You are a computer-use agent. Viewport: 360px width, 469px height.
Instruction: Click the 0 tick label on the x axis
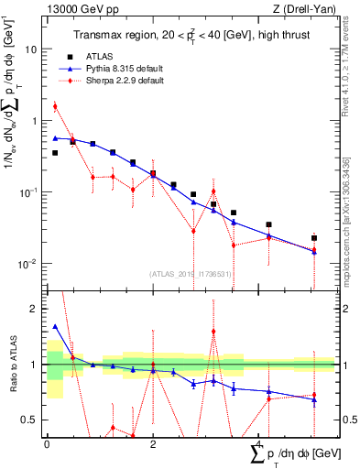(47, 443)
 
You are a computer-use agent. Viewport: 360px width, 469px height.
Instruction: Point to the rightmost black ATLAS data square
(314, 238)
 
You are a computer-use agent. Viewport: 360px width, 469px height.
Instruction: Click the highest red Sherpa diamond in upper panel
(55, 106)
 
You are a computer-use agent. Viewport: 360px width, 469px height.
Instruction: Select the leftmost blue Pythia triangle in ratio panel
(55, 326)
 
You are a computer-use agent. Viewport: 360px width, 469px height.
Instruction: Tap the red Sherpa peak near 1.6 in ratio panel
(213, 332)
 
